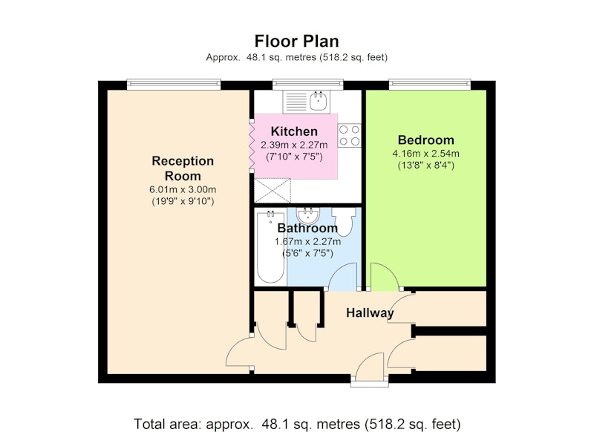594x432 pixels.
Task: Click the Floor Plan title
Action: point(296,41)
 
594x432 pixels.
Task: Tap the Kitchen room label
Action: point(294,131)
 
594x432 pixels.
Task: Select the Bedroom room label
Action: point(425,140)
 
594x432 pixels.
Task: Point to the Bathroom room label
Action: point(307,228)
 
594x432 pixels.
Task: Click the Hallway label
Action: point(370,313)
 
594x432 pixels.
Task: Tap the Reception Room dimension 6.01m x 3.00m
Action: point(183,189)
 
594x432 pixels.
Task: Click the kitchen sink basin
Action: point(319,101)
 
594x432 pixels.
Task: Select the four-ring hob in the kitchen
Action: point(349,136)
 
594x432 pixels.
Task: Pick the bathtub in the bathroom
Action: point(270,247)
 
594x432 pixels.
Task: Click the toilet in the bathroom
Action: point(344,221)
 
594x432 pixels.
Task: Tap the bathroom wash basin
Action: point(308,215)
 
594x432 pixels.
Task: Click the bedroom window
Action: point(430,85)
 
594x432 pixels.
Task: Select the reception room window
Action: point(174,85)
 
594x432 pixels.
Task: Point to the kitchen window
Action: point(307,85)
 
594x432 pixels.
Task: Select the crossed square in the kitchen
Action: point(272,191)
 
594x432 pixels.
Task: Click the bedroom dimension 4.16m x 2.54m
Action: point(425,154)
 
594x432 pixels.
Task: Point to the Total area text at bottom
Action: point(297,424)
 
